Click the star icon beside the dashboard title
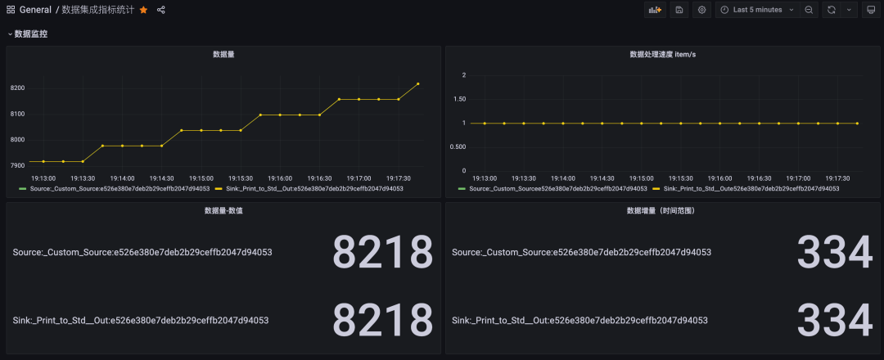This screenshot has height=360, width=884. tap(144, 10)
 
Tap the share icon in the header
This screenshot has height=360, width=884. tap(161, 10)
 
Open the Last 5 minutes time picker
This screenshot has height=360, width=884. tap(757, 10)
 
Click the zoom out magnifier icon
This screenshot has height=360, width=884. tap(809, 10)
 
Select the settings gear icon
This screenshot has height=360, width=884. tap(701, 10)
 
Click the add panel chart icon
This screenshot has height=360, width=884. tap(655, 10)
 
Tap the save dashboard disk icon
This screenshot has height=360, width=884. tap(679, 10)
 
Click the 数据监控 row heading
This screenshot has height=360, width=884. tap(31, 34)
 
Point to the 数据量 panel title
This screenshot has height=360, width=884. tap(224, 54)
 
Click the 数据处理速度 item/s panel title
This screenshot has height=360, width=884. tap(662, 54)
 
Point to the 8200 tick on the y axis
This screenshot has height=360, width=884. tap(18, 88)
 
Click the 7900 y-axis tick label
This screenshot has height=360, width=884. tap(18, 165)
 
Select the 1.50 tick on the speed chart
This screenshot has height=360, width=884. tap(459, 99)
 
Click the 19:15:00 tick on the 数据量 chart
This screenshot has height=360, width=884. tap(201, 178)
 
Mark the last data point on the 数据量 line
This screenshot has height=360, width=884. tap(418, 83)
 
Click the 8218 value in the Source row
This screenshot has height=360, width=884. tap(382, 252)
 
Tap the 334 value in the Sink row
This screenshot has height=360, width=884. tap(834, 321)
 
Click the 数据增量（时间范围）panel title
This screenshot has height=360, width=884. tap(662, 210)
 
